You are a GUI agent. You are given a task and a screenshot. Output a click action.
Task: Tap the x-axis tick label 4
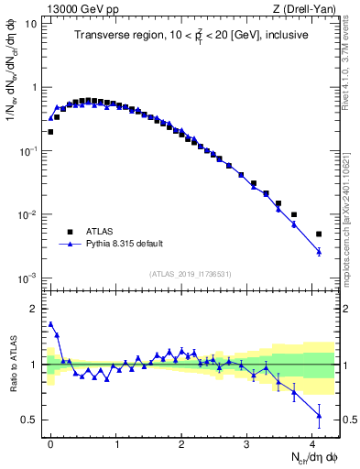click(x=312, y=443)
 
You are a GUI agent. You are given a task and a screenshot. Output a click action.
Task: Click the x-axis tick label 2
click(x=181, y=443)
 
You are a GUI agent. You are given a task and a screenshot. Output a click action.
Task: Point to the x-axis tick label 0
click(x=50, y=443)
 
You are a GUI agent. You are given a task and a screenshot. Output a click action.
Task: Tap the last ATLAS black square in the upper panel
click(x=319, y=234)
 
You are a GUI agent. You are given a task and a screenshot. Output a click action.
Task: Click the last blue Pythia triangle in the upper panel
click(x=319, y=251)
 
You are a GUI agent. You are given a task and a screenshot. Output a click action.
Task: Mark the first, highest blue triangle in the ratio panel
click(x=50, y=323)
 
